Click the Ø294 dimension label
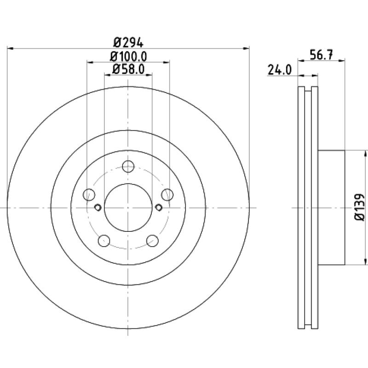pyautogui.click(x=128, y=43)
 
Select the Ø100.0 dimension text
pyautogui.click(x=128, y=57)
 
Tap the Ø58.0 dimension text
pyautogui.click(x=128, y=69)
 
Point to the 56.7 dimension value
pyautogui.click(x=321, y=55)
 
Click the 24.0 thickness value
pyautogui.click(x=280, y=70)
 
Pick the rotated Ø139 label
pyautogui.click(x=360, y=207)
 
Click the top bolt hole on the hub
pyautogui.click(x=128, y=167)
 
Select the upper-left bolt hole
pyautogui.click(x=89, y=195)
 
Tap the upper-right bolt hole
pyautogui.click(x=167, y=195)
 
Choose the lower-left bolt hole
pyautogui.click(x=104, y=241)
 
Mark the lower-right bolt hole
pyautogui.click(x=152, y=241)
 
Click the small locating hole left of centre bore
pyautogui.click(x=98, y=207)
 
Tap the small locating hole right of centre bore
pyautogui.click(x=159, y=207)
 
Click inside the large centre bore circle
pyautogui.click(x=128, y=207)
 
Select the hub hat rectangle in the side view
pyautogui.click(x=331, y=207)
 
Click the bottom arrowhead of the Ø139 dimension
pyautogui.click(x=365, y=261)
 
